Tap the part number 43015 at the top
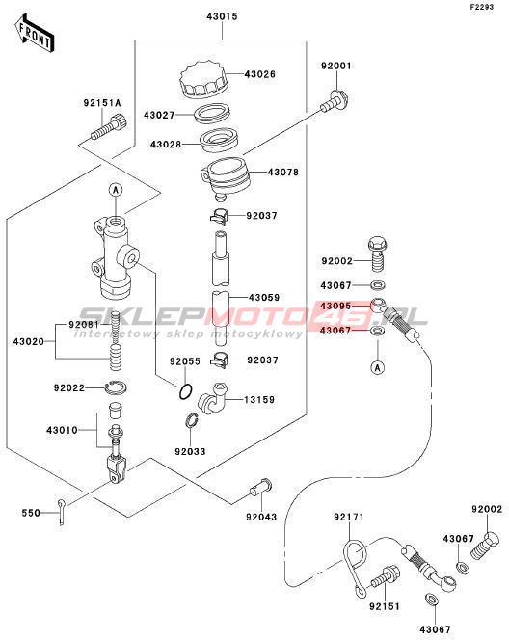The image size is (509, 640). click(x=222, y=16)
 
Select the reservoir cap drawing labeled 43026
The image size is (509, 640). click(x=203, y=80)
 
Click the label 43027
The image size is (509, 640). click(x=159, y=115)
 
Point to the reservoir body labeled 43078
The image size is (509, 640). click(x=225, y=177)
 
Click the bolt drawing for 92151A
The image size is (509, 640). click(x=108, y=127)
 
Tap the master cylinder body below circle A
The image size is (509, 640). click(x=115, y=257)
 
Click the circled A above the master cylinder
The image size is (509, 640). click(x=117, y=189)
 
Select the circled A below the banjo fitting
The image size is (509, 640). click(x=378, y=368)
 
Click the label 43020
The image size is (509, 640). click(x=29, y=341)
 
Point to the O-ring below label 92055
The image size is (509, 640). click(x=185, y=392)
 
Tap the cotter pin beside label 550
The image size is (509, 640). click(x=62, y=513)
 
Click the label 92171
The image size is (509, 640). click(x=349, y=518)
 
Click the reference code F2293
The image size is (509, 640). click(x=482, y=7)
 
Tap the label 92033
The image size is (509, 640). click(x=190, y=452)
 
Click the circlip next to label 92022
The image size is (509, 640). click(x=117, y=387)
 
